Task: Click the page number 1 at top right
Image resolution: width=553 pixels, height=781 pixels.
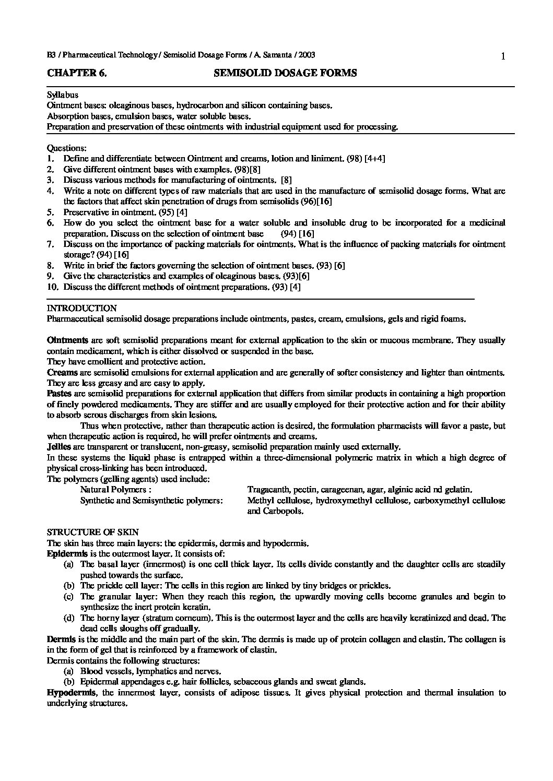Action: [502, 57]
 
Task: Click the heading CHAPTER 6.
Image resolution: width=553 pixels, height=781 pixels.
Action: [77, 73]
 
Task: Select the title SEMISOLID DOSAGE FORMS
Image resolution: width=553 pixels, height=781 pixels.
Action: [285, 73]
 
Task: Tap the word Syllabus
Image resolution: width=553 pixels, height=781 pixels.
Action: [63, 94]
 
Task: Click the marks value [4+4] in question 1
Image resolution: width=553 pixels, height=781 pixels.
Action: [374, 158]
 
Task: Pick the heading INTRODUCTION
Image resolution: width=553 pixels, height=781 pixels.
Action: [82, 308]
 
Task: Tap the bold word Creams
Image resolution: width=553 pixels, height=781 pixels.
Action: [62, 372]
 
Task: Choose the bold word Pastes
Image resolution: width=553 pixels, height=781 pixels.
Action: [60, 394]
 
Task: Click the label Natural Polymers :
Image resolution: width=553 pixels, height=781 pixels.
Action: [116, 490]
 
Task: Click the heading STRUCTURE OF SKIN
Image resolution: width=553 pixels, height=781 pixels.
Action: [93, 532]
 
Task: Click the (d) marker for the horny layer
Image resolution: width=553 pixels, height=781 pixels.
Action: [68, 618]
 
